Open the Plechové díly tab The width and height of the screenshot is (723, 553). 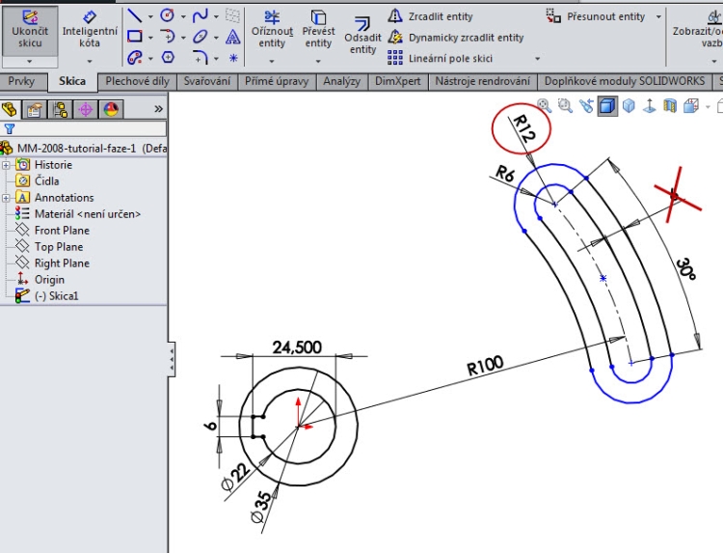click(x=137, y=82)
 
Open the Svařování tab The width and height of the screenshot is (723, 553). click(x=206, y=82)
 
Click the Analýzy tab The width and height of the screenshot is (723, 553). click(x=341, y=82)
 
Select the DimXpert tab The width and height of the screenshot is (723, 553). click(x=398, y=82)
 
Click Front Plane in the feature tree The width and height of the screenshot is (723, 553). click(x=62, y=231)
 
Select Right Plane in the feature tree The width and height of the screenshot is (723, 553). click(x=62, y=263)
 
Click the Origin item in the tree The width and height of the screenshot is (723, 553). click(x=49, y=280)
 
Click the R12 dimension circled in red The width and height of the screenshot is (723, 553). click(x=522, y=128)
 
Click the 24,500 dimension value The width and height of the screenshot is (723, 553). click(x=297, y=347)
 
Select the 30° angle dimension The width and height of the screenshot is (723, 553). click(x=685, y=267)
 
